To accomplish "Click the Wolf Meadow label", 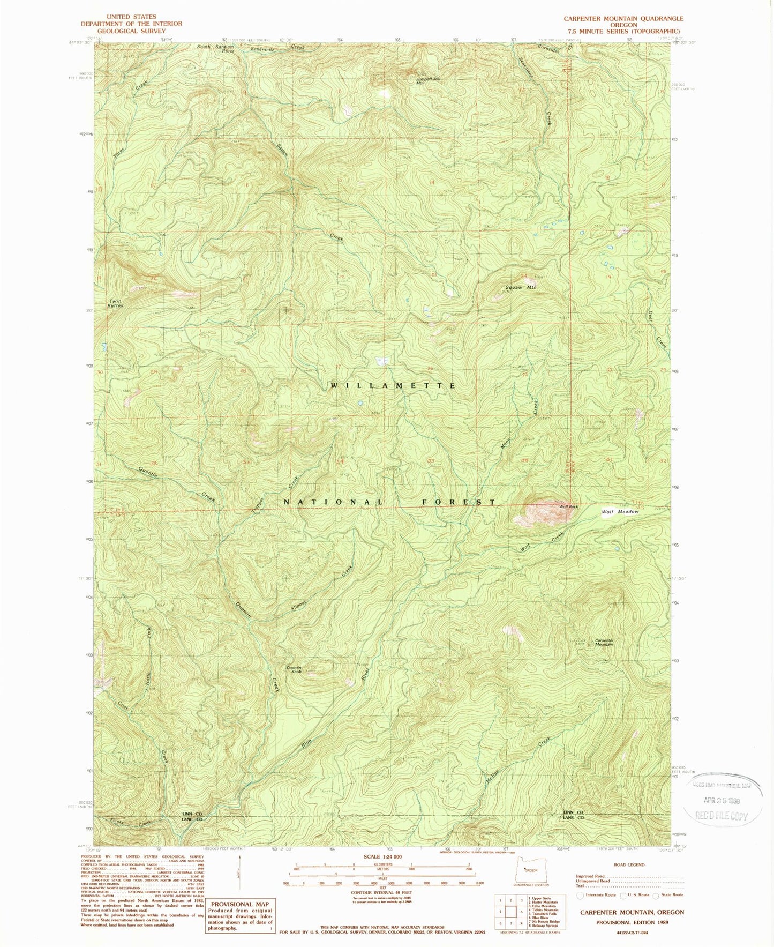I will pos(620,512).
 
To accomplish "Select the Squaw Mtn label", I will pos(521,288).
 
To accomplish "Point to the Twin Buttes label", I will pos(115,303).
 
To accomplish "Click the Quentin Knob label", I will pos(294,669).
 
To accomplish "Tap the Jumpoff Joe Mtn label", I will pos(427,81).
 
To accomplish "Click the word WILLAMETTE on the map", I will pos(393,385).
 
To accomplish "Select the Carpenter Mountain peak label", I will pos(604,642).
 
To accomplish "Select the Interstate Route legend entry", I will pos(597,895).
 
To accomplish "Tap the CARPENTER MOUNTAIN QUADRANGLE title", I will pos(623,18).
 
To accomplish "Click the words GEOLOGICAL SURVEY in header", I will pos(131,31).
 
